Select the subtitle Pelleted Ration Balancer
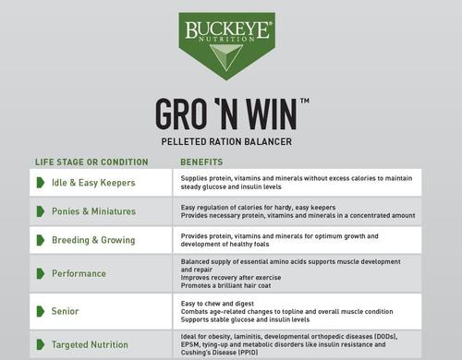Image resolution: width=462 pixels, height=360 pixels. coord(227,141)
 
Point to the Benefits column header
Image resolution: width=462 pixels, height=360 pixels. coord(201,162)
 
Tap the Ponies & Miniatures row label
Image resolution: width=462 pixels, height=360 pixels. coord(93,211)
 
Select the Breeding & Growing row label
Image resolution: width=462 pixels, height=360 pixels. coord(94,239)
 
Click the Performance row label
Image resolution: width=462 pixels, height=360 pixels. coord(79,273)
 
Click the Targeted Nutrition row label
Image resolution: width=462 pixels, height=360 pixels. coord(91,344)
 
